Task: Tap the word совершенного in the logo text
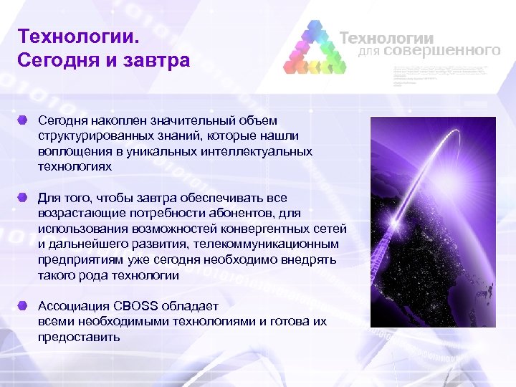pos(441,51)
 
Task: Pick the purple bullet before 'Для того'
pos(24,196)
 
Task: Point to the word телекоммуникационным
pos(275,244)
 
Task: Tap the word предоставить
pos(79,337)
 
